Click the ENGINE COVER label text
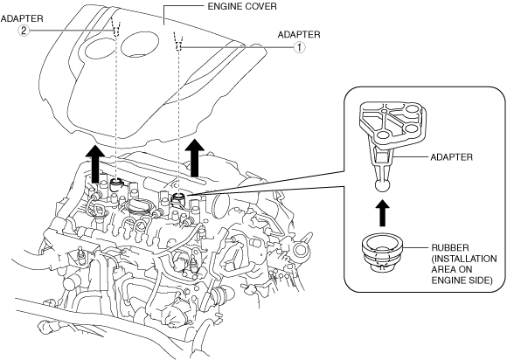[242, 6]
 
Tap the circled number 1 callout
[299, 47]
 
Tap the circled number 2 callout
[24, 31]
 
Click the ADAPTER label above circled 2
[22, 18]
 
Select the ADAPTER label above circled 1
[299, 35]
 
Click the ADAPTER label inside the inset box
[451, 157]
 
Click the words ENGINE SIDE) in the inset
[462, 280]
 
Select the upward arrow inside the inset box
[382, 212]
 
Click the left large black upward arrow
[95, 163]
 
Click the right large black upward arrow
[195, 157]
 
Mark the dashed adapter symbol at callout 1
[177, 41]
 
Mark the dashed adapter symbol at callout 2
[116, 26]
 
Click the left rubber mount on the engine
[115, 184]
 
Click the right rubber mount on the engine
[177, 198]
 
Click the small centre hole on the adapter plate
[384, 111]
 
